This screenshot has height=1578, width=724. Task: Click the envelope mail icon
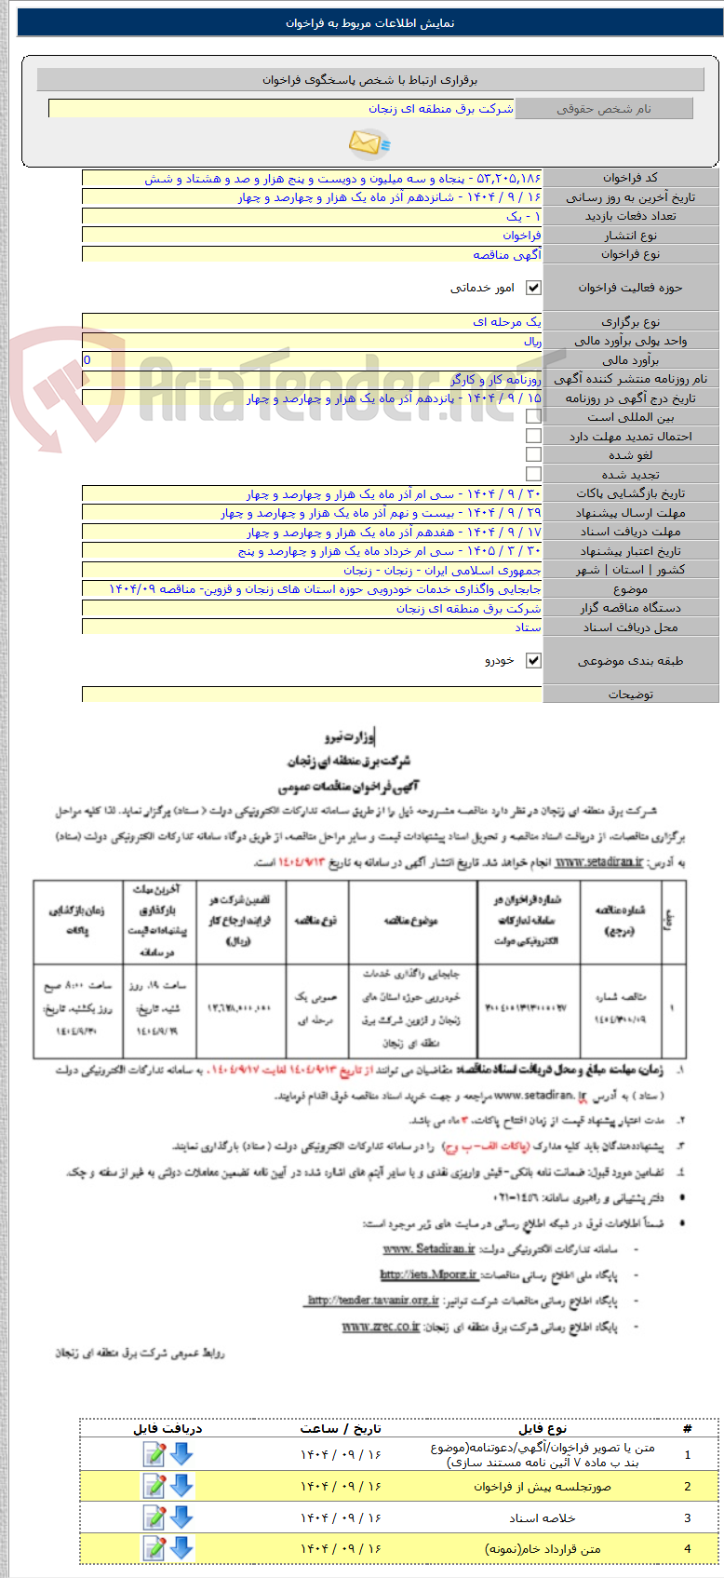369,143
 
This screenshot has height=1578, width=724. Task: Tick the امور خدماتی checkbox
533,288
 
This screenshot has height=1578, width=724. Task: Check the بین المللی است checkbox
533,417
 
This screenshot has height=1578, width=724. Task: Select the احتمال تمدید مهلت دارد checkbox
533,436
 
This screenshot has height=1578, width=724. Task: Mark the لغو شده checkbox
533,455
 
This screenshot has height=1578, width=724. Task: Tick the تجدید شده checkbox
533,474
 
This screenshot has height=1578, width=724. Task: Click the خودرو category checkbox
533,660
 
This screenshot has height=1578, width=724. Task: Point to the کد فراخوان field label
630,178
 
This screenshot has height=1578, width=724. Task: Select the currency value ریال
531,341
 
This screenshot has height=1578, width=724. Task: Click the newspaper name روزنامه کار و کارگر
495,379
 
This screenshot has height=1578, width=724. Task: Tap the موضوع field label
630,589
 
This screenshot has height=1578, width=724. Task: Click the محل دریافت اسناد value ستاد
528,627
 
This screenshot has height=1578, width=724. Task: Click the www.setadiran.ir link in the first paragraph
598,862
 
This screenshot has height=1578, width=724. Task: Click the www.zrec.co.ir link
381,1327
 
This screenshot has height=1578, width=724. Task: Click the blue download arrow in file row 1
181,1454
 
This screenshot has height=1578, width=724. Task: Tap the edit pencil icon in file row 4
154,1549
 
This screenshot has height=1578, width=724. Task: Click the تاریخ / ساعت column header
341,1428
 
